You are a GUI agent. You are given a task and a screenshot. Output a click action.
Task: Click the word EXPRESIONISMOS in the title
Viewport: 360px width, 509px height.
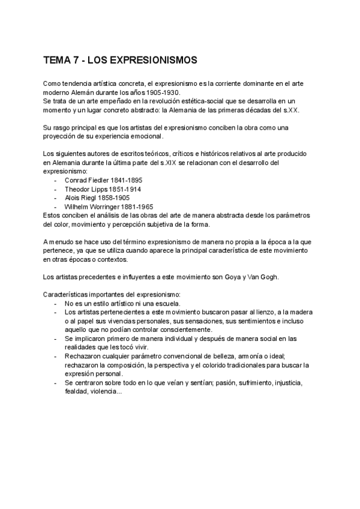click(151, 61)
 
